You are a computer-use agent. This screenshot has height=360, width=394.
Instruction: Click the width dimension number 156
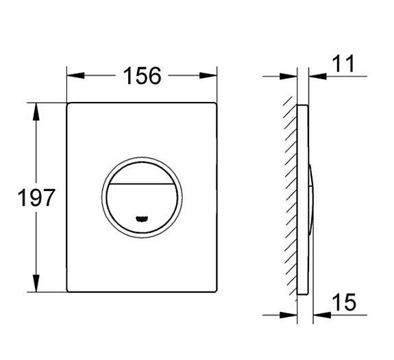pos(142,75)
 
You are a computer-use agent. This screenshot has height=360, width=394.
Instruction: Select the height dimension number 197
pos(35,198)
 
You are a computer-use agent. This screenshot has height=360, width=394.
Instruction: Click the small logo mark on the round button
pos(143,219)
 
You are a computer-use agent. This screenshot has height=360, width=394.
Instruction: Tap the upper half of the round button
pos(143,172)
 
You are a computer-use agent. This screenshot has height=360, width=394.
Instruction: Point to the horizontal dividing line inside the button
pos(143,185)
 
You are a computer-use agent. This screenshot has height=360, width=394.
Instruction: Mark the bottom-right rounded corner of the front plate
pos(214,291)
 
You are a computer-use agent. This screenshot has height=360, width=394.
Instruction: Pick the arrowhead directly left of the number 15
pos(319,314)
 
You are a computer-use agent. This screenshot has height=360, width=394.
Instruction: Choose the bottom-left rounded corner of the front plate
pos(69,291)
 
